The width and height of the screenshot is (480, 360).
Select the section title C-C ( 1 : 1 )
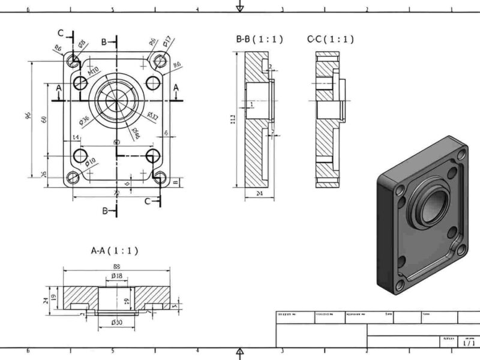tap(330, 39)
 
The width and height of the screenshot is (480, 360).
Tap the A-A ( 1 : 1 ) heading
tap(114, 250)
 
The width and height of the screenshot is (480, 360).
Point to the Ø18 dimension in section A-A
tap(117, 276)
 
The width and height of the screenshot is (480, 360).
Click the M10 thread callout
tap(94, 70)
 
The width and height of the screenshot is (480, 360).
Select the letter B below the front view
tap(104, 211)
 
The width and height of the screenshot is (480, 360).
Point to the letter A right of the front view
tap(176, 88)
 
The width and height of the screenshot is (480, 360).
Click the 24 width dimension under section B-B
tap(260, 194)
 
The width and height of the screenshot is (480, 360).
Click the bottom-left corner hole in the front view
tap(73, 178)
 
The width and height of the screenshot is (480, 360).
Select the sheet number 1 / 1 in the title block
tap(469, 343)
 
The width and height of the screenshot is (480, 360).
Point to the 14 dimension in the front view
tap(76, 138)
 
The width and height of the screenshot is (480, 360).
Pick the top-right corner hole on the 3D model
tap(460, 155)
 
